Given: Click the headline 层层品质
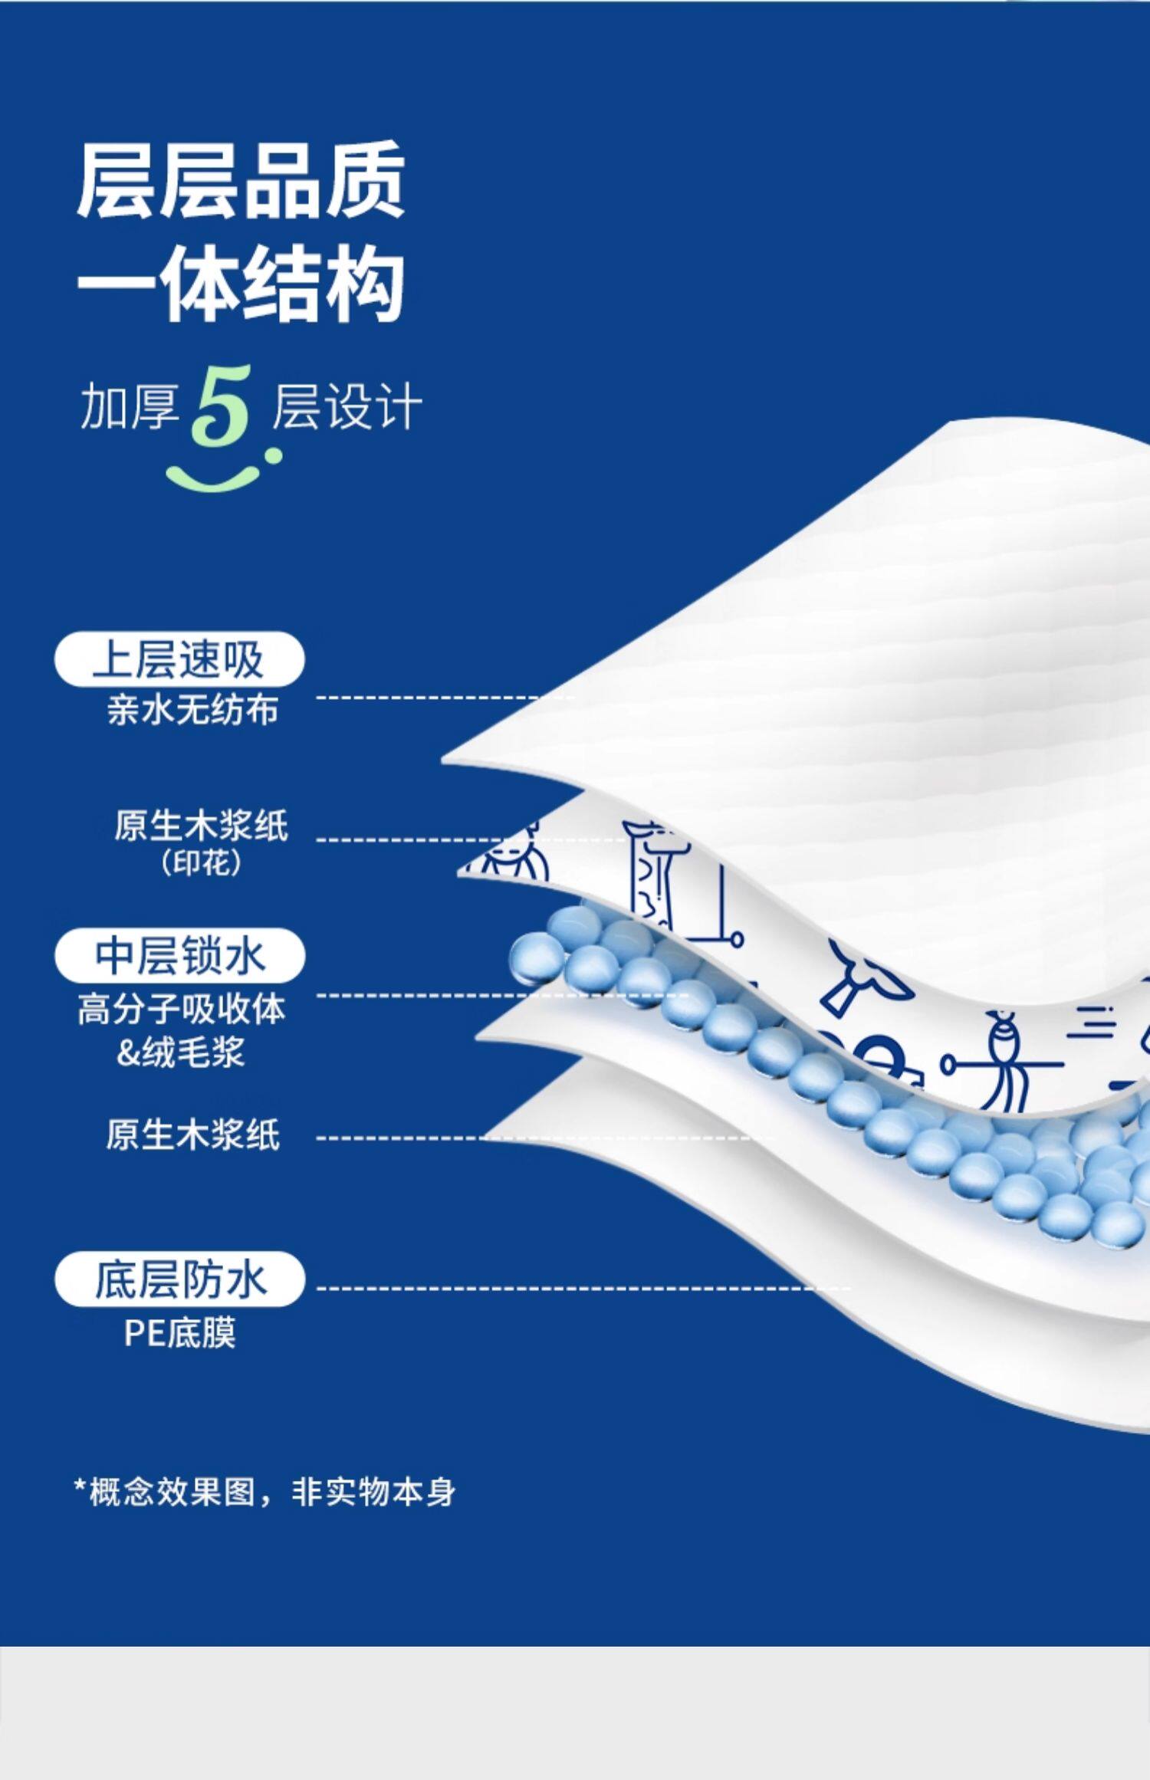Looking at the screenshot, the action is [x=241, y=182].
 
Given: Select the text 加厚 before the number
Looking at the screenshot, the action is [x=129, y=406].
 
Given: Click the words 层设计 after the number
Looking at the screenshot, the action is [x=347, y=406].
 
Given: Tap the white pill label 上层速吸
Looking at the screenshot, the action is [x=179, y=658].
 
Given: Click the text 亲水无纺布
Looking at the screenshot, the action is [x=192, y=710].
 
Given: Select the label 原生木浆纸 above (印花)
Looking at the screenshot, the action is [x=201, y=826].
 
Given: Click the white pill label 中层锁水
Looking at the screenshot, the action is [x=179, y=955].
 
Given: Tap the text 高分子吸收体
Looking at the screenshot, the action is [x=182, y=1009].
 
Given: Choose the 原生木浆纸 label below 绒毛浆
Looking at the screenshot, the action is [x=192, y=1135].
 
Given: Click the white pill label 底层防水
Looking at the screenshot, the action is [x=179, y=1279].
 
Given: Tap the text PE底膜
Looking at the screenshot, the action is [x=180, y=1333].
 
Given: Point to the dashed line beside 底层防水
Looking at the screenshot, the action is [x=583, y=1288].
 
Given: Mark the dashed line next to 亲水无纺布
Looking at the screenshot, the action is [x=445, y=698].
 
